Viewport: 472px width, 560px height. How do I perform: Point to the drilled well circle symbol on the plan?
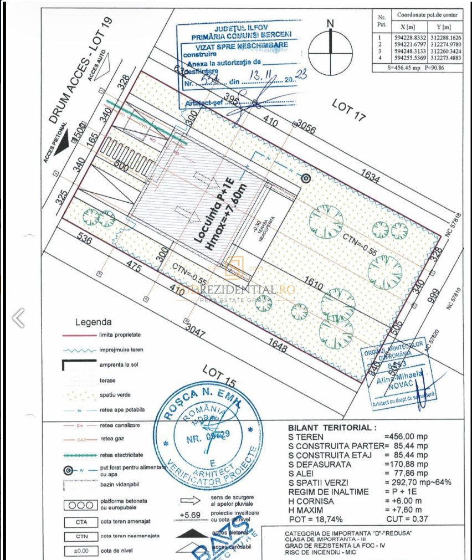pyautogui.click(x=305, y=178)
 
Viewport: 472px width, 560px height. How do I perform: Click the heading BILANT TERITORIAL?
pyautogui.click(x=332, y=428)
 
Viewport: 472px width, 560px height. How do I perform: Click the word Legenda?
pyautogui.click(x=93, y=322)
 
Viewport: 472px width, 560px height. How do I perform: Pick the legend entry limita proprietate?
pyautogui.click(x=120, y=336)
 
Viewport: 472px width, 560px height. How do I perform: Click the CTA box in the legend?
pyautogui.click(x=78, y=522)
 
